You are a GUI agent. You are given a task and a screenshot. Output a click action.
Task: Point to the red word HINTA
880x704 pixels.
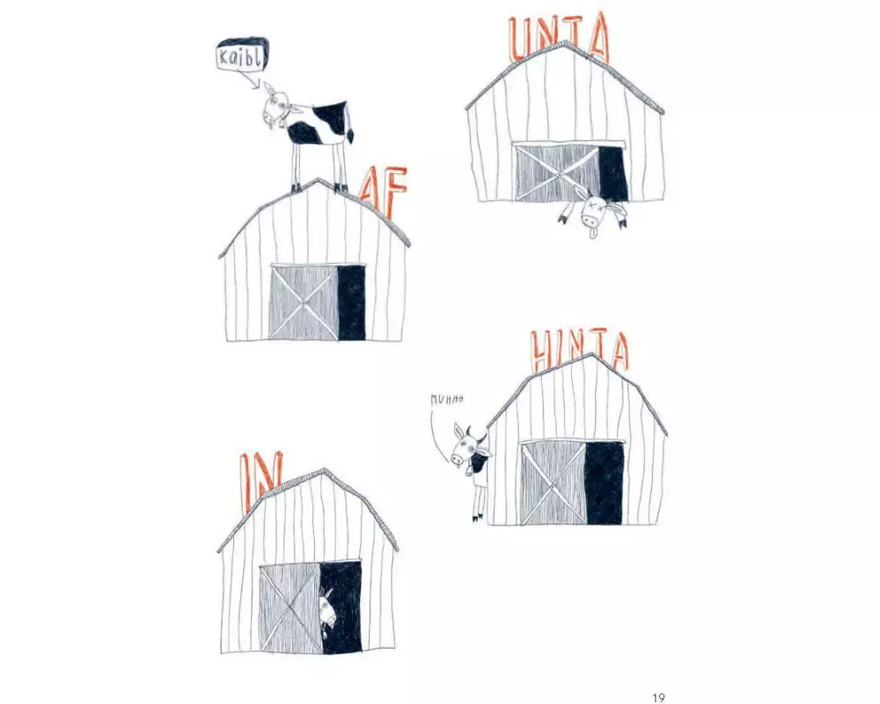pos(580,351)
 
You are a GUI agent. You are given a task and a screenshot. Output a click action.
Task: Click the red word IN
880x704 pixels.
pos(257,478)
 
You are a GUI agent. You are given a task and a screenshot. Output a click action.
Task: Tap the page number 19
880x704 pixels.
pos(658,697)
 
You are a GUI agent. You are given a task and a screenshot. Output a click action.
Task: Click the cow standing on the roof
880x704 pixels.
pos(308,134)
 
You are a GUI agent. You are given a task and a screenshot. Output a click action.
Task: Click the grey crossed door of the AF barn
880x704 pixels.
pos(304,302)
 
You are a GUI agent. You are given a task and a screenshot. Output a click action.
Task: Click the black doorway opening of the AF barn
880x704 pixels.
pos(352,303)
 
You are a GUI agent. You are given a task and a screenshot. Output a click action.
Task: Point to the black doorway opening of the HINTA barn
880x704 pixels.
pos(605,483)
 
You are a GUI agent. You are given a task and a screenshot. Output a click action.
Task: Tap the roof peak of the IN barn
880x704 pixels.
pos(323,471)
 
